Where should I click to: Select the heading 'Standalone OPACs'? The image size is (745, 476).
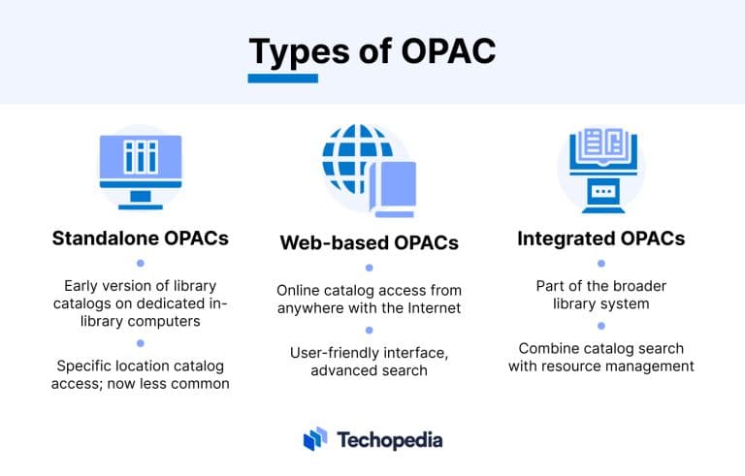pyautogui.click(x=140, y=237)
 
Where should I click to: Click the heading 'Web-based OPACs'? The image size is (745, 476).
pyautogui.click(x=369, y=241)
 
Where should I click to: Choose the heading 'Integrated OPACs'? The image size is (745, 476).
pyautogui.click(x=600, y=238)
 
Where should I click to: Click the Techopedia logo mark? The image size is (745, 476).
pyautogui.click(x=315, y=440)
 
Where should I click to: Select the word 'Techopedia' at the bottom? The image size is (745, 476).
pyautogui.click(x=390, y=440)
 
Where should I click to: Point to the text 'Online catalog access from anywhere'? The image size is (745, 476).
pyautogui.click(x=369, y=300)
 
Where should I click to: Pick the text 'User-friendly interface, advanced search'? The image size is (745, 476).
pyautogui.click(x=369, y=363)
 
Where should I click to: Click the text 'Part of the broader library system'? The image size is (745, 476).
pyautogui.click(x=600, y=295)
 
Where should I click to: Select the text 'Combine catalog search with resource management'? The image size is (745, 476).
pyautogui.click(x=600, y=357)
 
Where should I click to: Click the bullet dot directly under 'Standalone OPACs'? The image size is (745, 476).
pyautogui.click(x=140, y=263)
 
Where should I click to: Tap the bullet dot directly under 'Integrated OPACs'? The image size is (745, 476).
pyautogui.click(x=600, y=264)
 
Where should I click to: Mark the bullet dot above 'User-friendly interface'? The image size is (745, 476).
pyautogui.click(x=369, y=331)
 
